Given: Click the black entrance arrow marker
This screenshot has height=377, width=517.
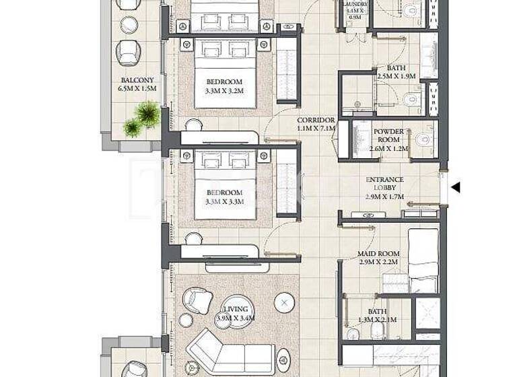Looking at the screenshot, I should pyautogui.click(x=455, y=187).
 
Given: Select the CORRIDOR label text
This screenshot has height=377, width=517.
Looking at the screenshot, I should pyautogui.click(x=316, y=120).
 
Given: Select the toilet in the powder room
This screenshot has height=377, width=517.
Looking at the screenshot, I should pyautogui.click(x=423, y=140).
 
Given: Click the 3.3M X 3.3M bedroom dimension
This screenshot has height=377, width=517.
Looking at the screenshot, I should pyautogui.click(x=226, y=201).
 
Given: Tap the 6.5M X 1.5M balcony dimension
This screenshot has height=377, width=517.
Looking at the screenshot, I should pyautogui.click(x=137, y=88).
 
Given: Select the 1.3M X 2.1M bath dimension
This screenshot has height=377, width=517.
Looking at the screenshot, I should pyautogui.click(x=377, y=320).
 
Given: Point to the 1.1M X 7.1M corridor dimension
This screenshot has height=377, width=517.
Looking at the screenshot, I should pyautogui.click(x=316, y=129).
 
